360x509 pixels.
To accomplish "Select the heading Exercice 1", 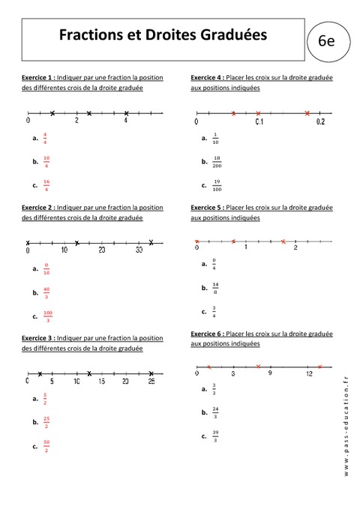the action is tap(38, 77).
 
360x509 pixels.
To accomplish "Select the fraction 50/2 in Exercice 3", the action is tap(46, 447).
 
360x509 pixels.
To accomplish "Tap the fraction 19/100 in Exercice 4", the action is tap(217, 184).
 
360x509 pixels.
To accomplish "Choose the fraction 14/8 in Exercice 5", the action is tap(215, 287).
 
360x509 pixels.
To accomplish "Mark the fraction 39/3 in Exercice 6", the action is tap(215, 436).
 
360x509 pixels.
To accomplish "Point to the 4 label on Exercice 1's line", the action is tap(125, 121).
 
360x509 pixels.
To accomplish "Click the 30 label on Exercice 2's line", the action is tap(139, 250).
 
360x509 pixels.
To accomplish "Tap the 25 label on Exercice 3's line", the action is tap(151, 382).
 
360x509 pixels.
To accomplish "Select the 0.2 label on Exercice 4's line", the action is tap(320, 121).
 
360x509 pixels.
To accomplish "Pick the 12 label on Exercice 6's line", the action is tap(308, 374).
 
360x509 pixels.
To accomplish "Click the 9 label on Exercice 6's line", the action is tap(271, 374).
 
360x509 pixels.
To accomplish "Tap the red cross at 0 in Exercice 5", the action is tap(196, 241).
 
